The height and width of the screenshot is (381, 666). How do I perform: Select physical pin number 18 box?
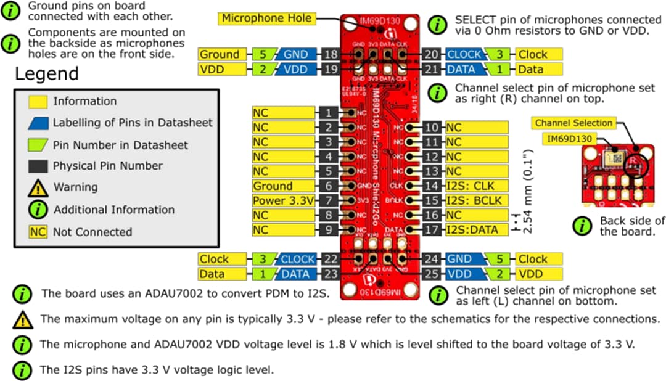[x=330, y=55]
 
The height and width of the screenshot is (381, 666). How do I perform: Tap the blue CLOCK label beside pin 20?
[x=464, y=55]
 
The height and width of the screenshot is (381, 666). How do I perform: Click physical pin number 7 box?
[x=330, y=200]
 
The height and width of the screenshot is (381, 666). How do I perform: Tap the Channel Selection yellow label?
[x=573, y=123]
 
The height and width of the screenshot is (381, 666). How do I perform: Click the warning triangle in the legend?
[x=39, y=187]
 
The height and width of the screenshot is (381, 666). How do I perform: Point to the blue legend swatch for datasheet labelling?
[x=39, y=123]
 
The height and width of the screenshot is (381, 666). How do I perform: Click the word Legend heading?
[x=46, y=75]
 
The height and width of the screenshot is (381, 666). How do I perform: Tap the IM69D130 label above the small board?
[x=570, y=139]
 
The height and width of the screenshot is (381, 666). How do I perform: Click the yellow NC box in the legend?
[x=39, y=232]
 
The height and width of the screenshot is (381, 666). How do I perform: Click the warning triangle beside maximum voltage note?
[x=23, y=319]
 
